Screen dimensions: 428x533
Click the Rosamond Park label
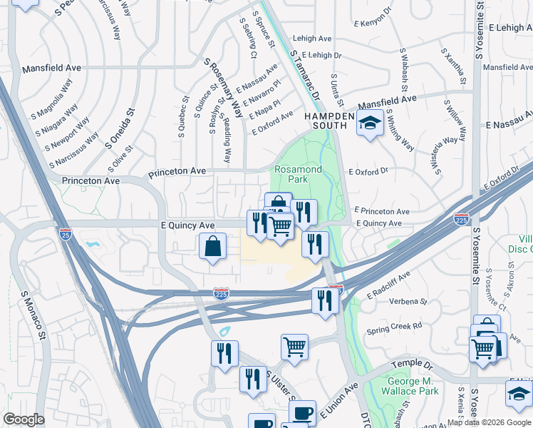(299, 174)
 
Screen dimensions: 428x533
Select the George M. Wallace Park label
(410, 386)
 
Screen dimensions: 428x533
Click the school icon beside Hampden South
(370, 123)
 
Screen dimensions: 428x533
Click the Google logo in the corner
(24, 419)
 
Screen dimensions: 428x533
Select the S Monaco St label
(33, 315)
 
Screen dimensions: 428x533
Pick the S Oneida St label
(120, 128)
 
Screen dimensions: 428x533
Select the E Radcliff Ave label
(389, 285)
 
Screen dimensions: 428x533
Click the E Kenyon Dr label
(374, 23)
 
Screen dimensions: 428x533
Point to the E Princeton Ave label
(381, 212)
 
